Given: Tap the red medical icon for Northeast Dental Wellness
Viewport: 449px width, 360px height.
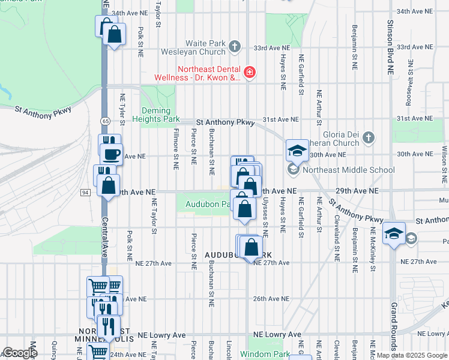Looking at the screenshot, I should tap(249, 73).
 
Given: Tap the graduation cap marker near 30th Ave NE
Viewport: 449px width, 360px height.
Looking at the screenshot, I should tap(297, 151).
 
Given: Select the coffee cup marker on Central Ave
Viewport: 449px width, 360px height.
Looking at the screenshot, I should tap(111, 155).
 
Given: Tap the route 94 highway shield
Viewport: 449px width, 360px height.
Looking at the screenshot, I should tap(86, 192).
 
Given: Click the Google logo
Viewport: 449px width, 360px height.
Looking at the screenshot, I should tap(19, 353).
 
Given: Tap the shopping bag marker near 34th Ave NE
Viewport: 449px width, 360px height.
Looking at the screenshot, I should tap(114, 35).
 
